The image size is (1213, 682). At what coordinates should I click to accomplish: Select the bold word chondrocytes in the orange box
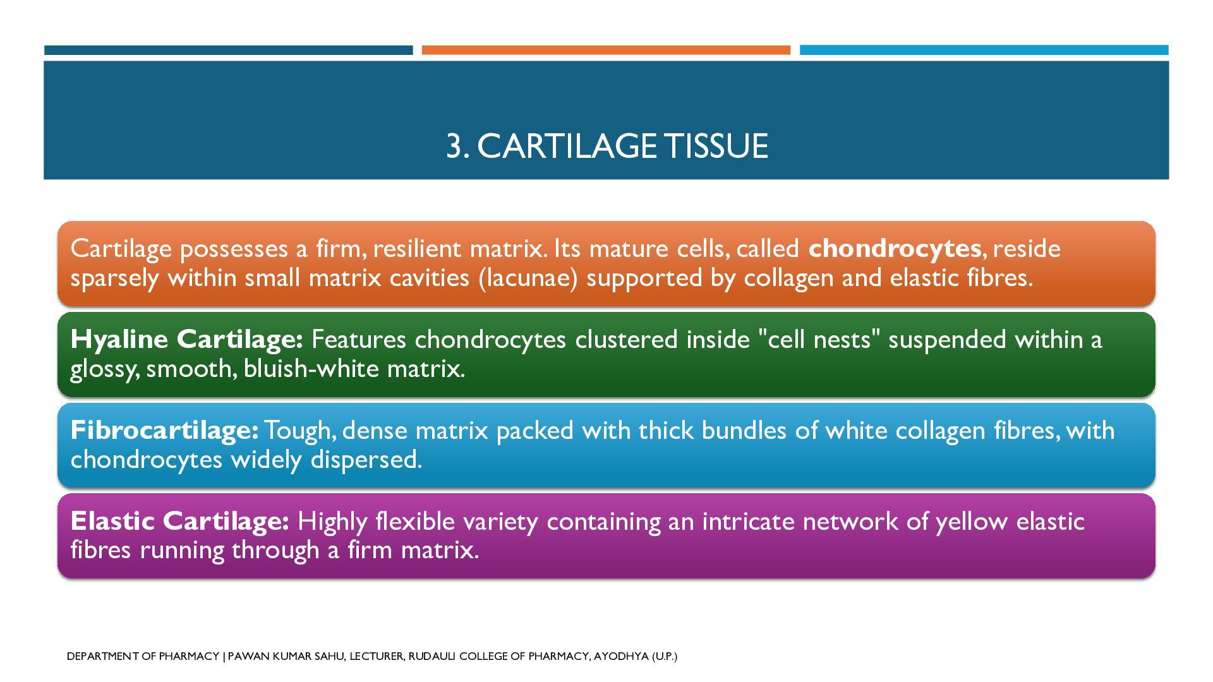click(895, 248)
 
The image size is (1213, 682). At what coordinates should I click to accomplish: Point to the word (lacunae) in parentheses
click(528, 278)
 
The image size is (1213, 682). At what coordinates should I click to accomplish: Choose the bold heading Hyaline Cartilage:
click(187, 340)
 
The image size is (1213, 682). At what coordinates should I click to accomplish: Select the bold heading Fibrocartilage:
click(164, 430)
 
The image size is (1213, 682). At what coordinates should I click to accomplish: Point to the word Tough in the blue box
click(299, 430)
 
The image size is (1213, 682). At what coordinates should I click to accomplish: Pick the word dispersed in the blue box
click(366, 459)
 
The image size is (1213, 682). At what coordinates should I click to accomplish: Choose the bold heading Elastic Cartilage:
click(180, 521)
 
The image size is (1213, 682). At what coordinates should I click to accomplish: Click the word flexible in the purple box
click(414, 521)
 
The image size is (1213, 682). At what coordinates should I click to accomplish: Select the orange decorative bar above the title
click(606, 50)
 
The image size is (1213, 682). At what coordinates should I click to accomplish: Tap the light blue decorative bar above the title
click(984, 50)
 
